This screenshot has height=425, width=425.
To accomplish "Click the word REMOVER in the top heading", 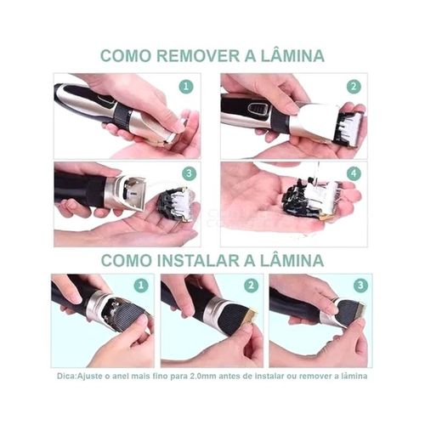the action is click(198, 55).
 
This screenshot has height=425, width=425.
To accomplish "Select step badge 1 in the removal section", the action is click(186, 87).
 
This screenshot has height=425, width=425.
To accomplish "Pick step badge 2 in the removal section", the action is click(354, 87).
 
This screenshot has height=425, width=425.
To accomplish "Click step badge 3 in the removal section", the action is click(190, 173).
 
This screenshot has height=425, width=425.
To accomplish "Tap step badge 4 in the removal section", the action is click(354, 173).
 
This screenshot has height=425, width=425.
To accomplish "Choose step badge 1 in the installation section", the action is click(141, 286).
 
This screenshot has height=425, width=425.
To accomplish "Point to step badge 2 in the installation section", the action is click(251, 286).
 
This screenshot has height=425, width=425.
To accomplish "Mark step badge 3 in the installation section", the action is click(360, 286).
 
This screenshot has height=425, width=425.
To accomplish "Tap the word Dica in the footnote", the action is click(65, 377).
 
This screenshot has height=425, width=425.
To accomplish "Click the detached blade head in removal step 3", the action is click(177, 205).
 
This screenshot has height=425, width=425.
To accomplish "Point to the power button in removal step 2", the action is click(257, 110).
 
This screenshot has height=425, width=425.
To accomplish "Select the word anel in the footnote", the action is click(119, 377).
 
